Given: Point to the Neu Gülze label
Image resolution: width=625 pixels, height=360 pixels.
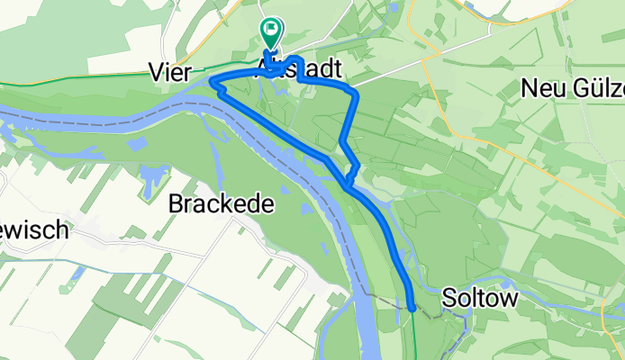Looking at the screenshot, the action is [573, 88].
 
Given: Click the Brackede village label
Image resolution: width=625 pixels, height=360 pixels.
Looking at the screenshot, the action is [221, 203].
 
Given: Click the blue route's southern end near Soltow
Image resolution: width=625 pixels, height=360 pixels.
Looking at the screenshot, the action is [412, 308].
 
